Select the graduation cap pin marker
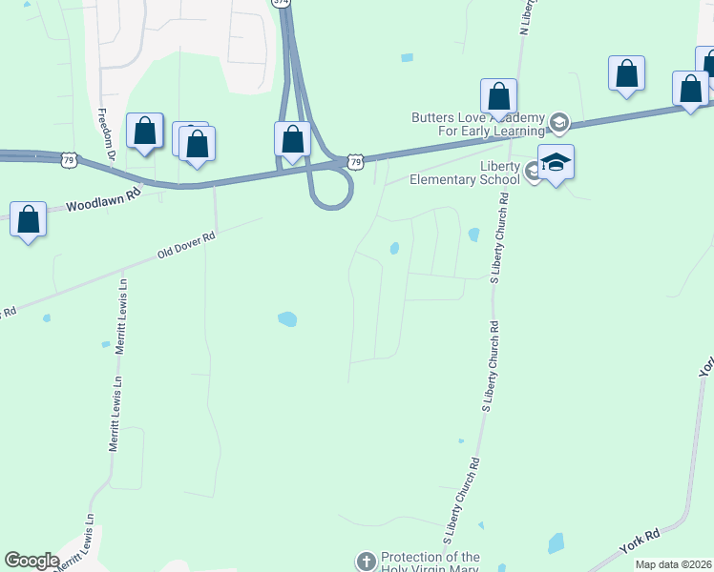(x=556, y=162)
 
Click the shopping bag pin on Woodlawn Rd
(x=29, y=219)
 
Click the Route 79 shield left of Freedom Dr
(x=68, y=159)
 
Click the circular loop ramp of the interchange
(x=331, y=192)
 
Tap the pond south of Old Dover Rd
(x=287, y=319)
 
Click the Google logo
(x=31, y=561)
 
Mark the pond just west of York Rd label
(x=556, y=544)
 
